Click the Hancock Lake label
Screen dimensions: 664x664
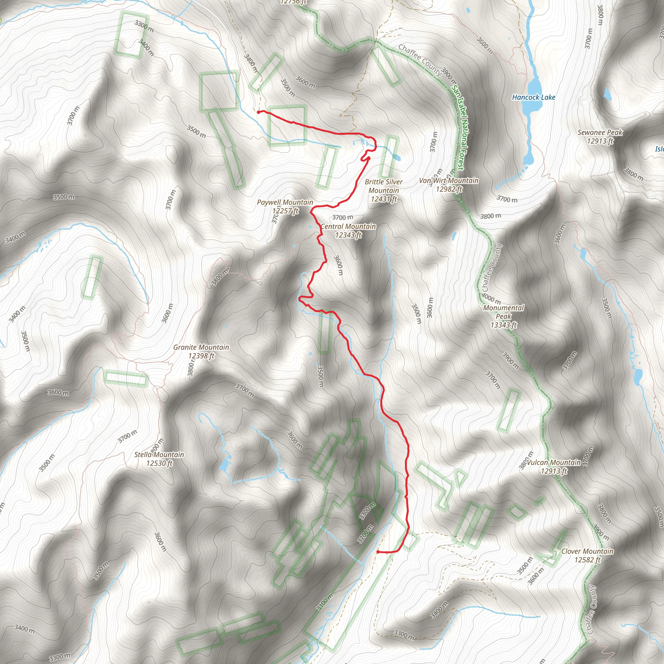(533, 97)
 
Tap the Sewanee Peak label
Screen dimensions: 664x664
(600, 132)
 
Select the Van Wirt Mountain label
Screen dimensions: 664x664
(448, 181)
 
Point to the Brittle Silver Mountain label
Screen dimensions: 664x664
(384, 186)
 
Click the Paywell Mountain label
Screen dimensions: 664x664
(285, 202)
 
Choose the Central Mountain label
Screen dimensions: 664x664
(348, 227)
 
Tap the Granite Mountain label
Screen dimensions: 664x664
(201, 347)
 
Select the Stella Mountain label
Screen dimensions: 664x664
(159, 454)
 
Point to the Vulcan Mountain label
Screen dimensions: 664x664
(554, 462)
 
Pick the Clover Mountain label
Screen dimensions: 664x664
(587, 551)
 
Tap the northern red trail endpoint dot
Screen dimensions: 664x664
(258, 112)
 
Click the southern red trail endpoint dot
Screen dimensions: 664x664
(378, 552)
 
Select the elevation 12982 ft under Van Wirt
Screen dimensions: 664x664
(449, 189)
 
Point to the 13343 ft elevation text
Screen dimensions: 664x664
(504, 325)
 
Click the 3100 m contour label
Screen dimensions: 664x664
(325, 602)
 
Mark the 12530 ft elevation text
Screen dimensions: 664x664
(159, 463)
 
